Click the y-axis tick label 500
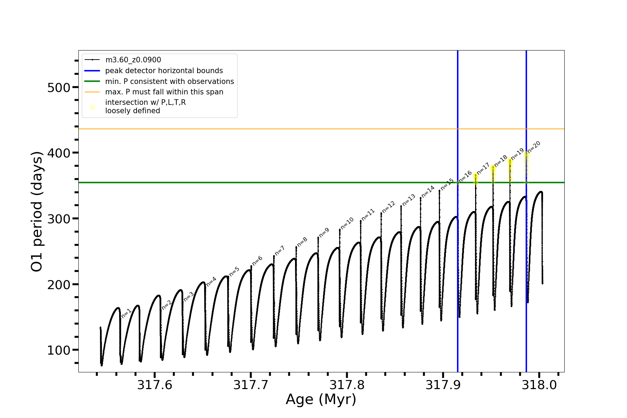tap(59, 87)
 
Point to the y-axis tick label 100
tap(59, 350)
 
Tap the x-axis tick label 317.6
tap(155, 385)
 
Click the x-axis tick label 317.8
tap(347, 385)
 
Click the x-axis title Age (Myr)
tap(321, 400)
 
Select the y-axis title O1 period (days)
tap(37, 211)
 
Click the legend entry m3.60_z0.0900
tap(133, 60)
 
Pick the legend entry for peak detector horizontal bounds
tap(164, 71)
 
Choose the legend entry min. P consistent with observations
tap(169, 82)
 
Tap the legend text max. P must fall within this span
tap(164, 92)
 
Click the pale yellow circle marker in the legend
tap(92, 107)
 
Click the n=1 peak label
tap(126, 313)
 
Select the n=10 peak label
tap(347, 223)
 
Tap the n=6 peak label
tap(257, 261)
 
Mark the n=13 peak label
tap(409, 200)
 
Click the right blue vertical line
tap(526, 244)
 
